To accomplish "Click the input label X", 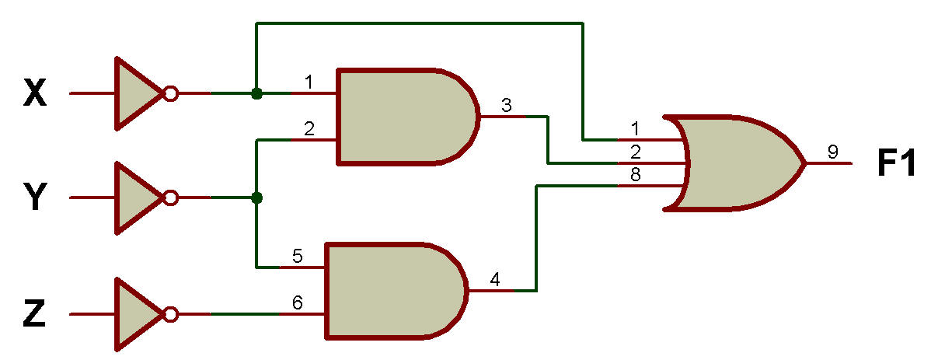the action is coord(34,94).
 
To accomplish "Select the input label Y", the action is coord(34,197).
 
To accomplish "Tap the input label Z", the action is coord(34,314).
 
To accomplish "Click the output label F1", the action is coord(898,164).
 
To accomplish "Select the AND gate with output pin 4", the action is coord(394,291).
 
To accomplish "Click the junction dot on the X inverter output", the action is coord(256,94).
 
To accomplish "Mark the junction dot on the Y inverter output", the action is coord(256,197).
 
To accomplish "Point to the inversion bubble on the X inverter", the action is coord(170,94).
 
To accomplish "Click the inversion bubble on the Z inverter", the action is coord(170,314).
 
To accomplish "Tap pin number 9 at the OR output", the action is coord(832,152).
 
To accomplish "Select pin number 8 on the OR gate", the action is coord(636,176).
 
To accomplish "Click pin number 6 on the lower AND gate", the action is coord(298,303).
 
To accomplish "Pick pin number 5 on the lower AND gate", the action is coord(298,257).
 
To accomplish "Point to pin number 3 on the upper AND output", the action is coord(506,106).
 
